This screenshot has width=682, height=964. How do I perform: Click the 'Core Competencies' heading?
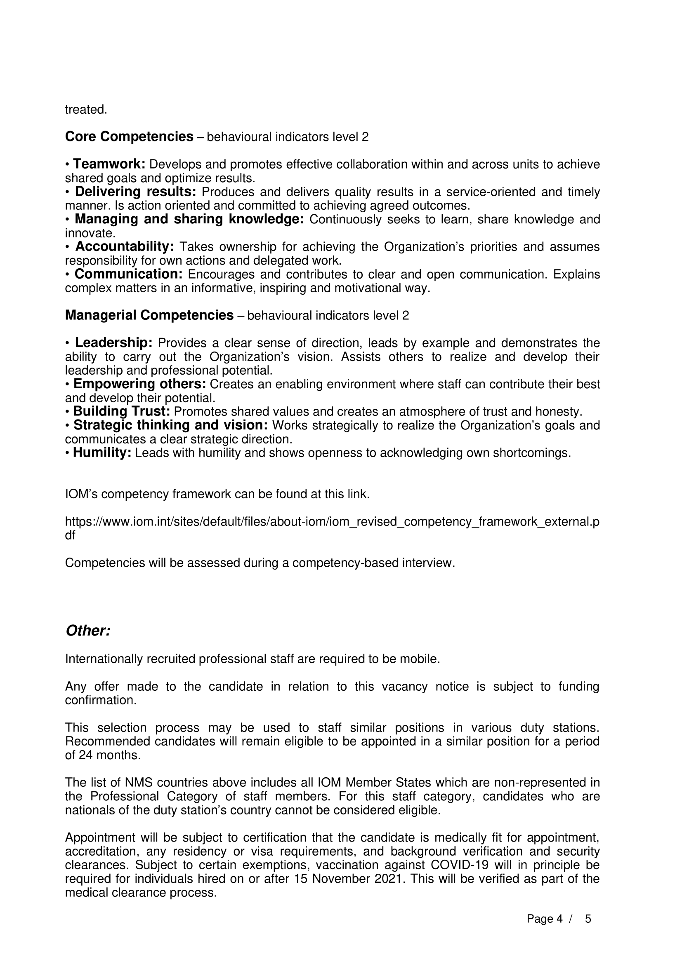pyautogui.click(x=129, y=137)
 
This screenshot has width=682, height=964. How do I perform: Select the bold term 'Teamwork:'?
pyautogui.click(x=109, y=164)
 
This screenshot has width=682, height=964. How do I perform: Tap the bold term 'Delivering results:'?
pyautogui.click(x=135, y=192)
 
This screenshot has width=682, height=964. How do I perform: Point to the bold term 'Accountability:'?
pyautogui.click(x=124, y=246)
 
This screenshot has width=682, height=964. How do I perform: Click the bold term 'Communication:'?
pyautogui.click(x=129, y=274)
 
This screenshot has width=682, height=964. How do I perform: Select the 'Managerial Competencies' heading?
pyautogui.click(x=149, y=315)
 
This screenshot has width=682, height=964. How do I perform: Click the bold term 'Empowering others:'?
pyautogui.click(x=139, y=384)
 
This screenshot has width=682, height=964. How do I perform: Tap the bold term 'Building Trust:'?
pyautogui.click(x=121, y=411)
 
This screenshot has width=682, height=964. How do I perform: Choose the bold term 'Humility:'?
pyautogui.click(x=102, y=453)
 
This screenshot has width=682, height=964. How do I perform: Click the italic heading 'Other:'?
pyautogui.click(x=88, y=631)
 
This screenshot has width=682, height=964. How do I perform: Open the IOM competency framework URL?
pyautogui.click(x=332, y=522)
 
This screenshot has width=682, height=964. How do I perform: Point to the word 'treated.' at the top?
pyautogui.click(x=86, y=110)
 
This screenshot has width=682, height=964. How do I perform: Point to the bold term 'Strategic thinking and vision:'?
pyautogui.click(x=171, y=425)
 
